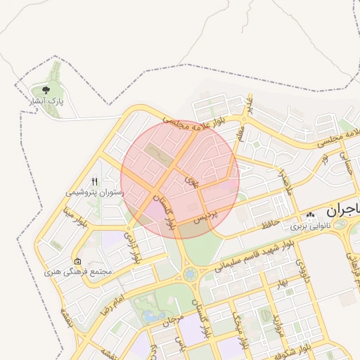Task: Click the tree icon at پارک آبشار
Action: (46, 90)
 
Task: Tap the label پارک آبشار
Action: (46, 102)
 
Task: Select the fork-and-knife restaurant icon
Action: (95, 181)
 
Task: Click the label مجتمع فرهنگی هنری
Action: (77, 271)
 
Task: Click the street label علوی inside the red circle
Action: (191, 181)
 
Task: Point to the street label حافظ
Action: (271, 225)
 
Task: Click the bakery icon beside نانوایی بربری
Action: (310, 217)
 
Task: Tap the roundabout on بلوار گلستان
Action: (190, 274)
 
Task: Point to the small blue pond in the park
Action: (151, 316)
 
